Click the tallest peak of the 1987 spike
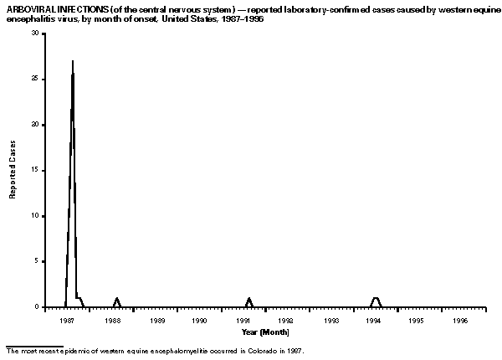tap(73, 62)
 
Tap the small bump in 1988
tap(116, 299)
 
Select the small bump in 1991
tap(248, 299)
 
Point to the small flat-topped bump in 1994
tap(376, 298)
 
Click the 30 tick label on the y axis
tap(33, 33)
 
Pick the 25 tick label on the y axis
tap(33, 79)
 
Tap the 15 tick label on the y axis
tap(33, 170)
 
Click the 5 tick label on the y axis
tap(35, 261)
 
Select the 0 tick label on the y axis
tap(35, 307)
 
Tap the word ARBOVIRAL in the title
tap(28, 8)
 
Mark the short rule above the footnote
tap(33, 345)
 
